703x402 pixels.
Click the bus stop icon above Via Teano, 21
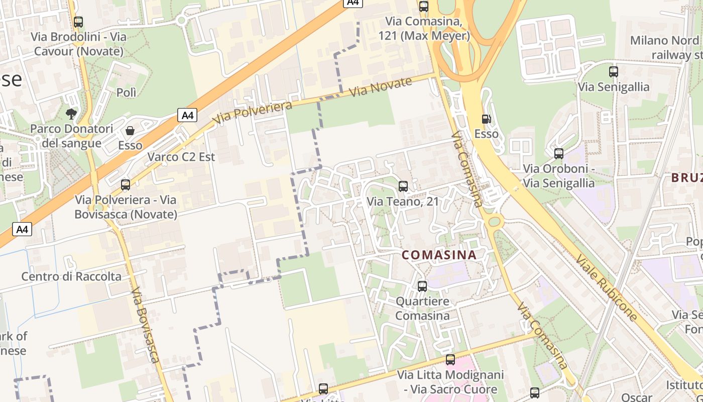pyautogui.click(x=403, y=186)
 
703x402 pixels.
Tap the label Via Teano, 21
pyautogui.click(x=403, y=202)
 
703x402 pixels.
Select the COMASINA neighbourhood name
pyautogui.click(x=439, y=255)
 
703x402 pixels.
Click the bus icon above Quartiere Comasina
pyautogui.click(x=422, y=286)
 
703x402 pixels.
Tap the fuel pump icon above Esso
pyautogui.click(x=486, y=119)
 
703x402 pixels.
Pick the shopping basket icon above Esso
pyautogui.click(x=130, y=131)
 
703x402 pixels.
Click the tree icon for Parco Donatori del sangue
pyautogui.click(x=71, y=114)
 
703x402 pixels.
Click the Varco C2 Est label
pyautogui.click(x=181, y=157)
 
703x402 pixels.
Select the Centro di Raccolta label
pyautogui.click(x=71, y=276)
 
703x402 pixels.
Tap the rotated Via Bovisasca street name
pyautogui.click(x=146, y=325)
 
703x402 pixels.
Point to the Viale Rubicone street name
pyautogui.click(x=607, y=287)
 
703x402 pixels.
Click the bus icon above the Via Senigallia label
pyautogui.click(x=613, y=72)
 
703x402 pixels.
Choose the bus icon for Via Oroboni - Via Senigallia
pyautogui.click(x=558, y=154)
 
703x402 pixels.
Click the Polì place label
pyautogui.click(x=126, y=92)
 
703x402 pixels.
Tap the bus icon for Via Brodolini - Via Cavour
pyautogui.click(x=78, y=22)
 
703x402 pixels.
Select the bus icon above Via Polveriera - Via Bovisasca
pyautogui.click(x=126, y=185)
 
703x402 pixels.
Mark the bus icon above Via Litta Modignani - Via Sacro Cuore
pyautogui.click(x=450, y=360)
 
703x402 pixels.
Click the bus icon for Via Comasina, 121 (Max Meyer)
pyautogui.click(x=424, y=7)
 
